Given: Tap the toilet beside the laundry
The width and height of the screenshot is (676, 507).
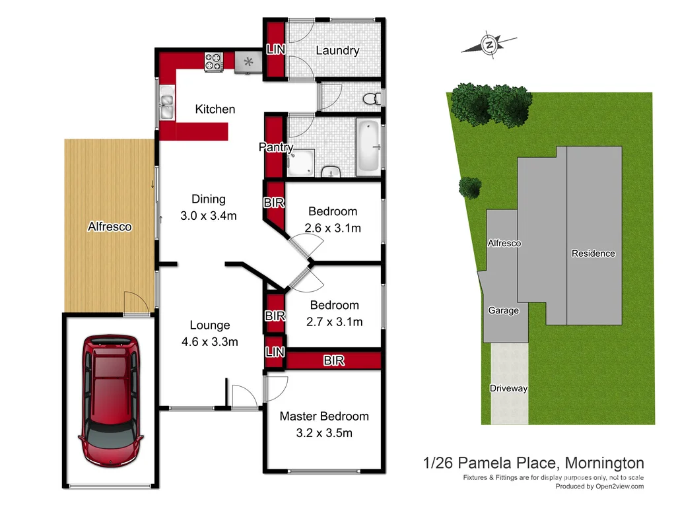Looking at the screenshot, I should coord(372,98).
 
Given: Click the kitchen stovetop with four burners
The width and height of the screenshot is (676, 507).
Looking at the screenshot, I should coord(214,62).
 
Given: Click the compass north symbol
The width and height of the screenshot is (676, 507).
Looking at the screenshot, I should coord(490,45).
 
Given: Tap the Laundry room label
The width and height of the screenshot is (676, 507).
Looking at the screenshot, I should coord(337,50).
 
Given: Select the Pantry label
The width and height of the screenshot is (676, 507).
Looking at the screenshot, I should coord(276,147).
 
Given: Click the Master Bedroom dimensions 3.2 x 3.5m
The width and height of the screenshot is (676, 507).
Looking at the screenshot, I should coord(324,433).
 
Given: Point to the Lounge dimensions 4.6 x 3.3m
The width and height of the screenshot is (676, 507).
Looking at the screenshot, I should coord(210,341).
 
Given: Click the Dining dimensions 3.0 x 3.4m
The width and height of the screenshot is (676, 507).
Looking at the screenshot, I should coord(209,215).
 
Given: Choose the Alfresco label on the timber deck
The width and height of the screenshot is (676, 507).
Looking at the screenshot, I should coord(110,226).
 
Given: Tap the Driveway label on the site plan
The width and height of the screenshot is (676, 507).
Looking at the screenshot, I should coord(508,388).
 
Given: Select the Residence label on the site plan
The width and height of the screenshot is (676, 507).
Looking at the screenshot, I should coord(593,253).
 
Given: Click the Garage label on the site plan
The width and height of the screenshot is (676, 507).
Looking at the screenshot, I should coord(503,310).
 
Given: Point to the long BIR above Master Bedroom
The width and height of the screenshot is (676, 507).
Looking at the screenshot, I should coord(333,360).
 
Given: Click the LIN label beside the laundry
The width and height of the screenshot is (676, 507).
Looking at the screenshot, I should coord(275,50).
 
